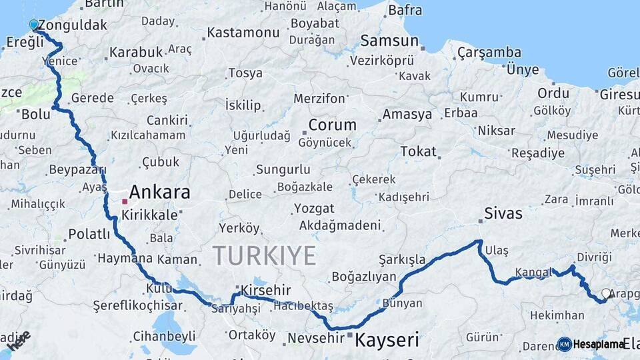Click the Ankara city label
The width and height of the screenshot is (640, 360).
click(x=159, y=193)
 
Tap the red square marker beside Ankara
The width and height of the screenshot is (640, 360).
click(x=125, y=201)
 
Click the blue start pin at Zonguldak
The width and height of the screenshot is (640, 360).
click(x=34, y=25)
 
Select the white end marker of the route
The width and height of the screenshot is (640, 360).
click(x=606, y=293)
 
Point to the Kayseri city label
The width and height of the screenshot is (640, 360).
click(x=387, y=340)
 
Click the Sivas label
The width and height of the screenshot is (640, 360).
click(x=503, y=214)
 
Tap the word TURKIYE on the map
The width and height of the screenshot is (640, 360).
click(x=264, y=255)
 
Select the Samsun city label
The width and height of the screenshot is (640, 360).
click(x=389, y=41)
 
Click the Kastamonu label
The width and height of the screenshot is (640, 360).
click(x=243, y=33)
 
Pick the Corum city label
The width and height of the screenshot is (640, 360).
click(x=332, y=125)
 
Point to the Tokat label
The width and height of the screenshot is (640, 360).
click(x=418, y=151)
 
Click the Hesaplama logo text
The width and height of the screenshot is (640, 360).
click(x=599, y=344)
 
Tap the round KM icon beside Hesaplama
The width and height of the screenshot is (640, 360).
click(x=565, y=344)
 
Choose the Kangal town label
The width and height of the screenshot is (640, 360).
click(x=533, y=272)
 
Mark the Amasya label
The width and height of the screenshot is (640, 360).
click(x=407, y=114)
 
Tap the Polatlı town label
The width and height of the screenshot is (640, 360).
click(x=89, y=233)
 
